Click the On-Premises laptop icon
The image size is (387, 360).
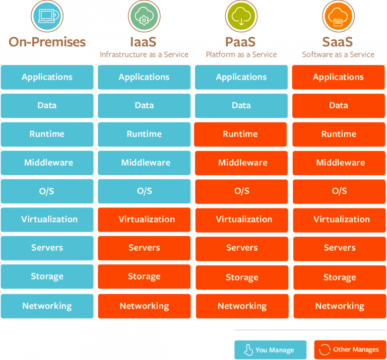point(47,16)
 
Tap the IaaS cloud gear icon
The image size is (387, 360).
point(144,16)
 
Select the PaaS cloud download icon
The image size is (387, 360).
point(241,16)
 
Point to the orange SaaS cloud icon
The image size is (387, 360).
point(338,16)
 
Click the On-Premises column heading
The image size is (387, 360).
point(47,41)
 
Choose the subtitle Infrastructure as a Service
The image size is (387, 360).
point(144,54)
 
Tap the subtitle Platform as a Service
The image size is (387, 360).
point(241,54)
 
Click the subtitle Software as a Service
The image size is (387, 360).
point(338,54)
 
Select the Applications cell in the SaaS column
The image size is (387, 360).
point(338,77)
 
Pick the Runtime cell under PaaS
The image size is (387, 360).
point(241,134)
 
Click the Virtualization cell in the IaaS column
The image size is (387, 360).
point(144,220)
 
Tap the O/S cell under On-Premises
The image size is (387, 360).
point(47,191)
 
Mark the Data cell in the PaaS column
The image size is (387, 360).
point(241,106)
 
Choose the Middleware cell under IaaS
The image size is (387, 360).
point(144,163)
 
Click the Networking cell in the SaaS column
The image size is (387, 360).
point(338,306)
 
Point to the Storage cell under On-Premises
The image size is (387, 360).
point(47,276)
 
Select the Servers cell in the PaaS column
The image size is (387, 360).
point(241,248)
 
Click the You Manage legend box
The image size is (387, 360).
point(270,350)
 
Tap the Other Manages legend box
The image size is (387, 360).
point(350,350)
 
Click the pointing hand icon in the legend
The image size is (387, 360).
point(248,350)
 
